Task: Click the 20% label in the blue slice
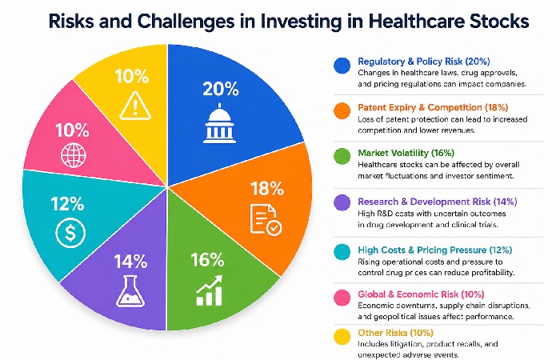[x=221, y=90]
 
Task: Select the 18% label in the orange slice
[x=267, y=190]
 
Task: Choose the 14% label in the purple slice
[x=130, y=261]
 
